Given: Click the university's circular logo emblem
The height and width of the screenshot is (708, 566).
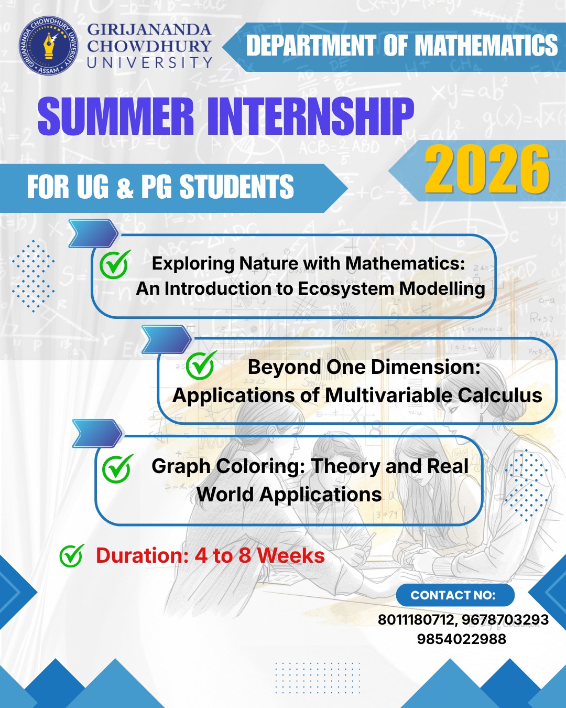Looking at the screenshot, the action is pyautogui.click(x=48, y=46).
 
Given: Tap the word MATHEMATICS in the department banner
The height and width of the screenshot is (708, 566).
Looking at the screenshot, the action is pyautogui.click(x=486, y=46).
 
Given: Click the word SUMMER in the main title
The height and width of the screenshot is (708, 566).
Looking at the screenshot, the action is pyautogui.click(x=115, y=116).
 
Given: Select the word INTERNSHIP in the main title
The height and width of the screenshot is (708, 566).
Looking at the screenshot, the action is pyautogui.click(x=310, y=116).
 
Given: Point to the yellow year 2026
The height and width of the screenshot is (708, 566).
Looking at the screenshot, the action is pyautogui.click(x=487, y=169).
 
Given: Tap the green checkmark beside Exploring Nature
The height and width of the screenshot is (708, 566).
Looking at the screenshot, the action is pyautogui.click(x=115, y=264).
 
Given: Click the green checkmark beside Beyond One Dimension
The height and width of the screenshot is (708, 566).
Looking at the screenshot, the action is pyautogui.click(x=201, y=365).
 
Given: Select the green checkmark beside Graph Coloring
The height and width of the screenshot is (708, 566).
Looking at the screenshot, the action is pyautogui.click(x=117, y=468).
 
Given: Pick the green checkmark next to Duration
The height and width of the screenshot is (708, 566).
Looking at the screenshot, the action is pyautogui.click(x=72, y=556).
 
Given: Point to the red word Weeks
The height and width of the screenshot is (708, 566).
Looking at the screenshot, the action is pyautogui.click(x=291, y=556).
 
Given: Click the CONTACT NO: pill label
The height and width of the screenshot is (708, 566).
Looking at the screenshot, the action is pyautogui.click(x=455, y=595).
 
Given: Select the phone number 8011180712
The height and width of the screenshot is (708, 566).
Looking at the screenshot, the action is pyautogui.click(x=416, y=620).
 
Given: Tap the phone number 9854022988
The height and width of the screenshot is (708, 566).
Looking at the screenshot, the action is pyautogui.click(x=461, y=640).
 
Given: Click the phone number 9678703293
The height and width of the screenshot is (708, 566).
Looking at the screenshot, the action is pyautogui.click(x=505, y=620).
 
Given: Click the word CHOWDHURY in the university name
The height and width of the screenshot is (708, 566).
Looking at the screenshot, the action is pyautogui.click(x=149, y=46).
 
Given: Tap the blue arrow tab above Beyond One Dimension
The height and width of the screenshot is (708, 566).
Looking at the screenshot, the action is pyautogui.click(x=167, y=339).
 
